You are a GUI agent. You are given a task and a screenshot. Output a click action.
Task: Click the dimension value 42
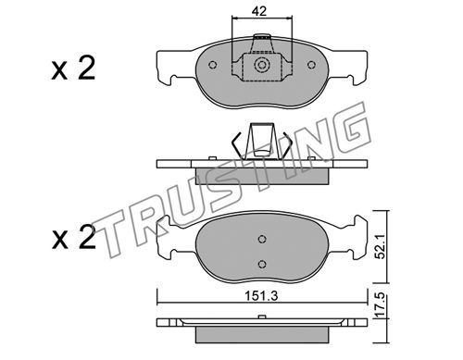pyautogui.click(x=258, y=11)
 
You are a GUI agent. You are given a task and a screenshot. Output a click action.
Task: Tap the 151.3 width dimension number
pyautogui.click(x=261, y=296)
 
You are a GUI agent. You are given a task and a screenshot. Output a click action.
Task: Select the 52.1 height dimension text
pyautogui.click(x=381, y=246)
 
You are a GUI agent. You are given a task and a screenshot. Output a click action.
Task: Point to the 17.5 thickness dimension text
pyautogui.click(x=381, y=305)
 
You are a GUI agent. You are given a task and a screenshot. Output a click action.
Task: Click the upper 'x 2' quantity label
pyautogui.click(x=73, y=68)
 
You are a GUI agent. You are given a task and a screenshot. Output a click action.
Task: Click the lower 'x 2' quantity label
pyautogui.click(x=73, y=237)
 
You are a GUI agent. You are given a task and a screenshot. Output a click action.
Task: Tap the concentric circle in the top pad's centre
pyautogui.click(x=262, y=65)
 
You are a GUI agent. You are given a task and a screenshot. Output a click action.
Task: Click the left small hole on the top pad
pyautogui.click(x=212, y=65)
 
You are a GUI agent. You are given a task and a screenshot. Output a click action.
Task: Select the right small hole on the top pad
pyautogui.click(x=311, y=65)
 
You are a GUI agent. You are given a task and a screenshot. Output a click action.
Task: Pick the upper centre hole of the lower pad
pyautogui.click(x=262, y=239)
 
